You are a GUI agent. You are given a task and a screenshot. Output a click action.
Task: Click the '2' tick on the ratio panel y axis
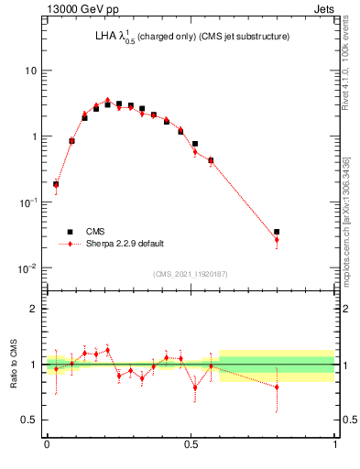coord(34,310)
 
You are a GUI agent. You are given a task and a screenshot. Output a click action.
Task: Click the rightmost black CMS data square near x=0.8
coord(277,233)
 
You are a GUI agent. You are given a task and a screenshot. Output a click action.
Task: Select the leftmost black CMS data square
coord(56,184)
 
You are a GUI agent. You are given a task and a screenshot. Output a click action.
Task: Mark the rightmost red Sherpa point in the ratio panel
coord(277,387)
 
